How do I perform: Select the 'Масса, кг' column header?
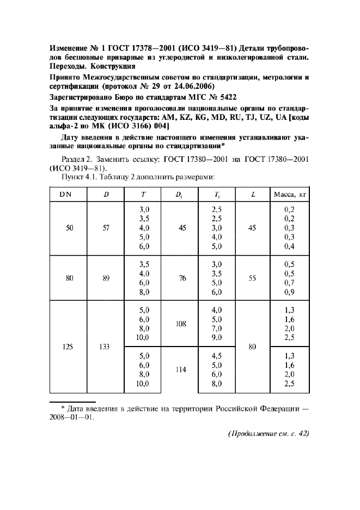[x=289, y=194]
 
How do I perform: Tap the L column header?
[x=252, y=194]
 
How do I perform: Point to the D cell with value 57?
[x=106, y=228]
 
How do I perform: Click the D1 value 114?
[x=181, y=369]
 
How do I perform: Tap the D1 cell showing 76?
[x=182, y=278]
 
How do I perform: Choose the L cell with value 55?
[x=252, y=278]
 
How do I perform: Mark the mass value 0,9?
[x=289, y=292]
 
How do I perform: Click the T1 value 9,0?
[x=217, y=338]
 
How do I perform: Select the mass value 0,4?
[x=289, y=246]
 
